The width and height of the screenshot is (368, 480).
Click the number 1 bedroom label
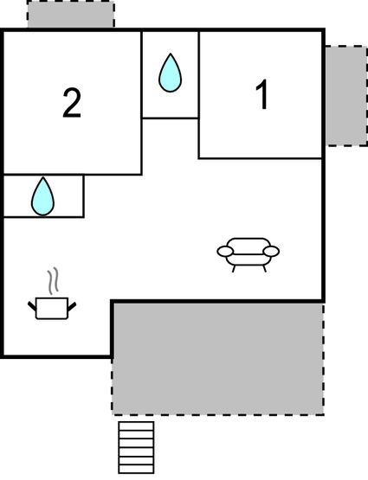[x=263, y=94]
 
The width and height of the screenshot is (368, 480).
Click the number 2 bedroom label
[x=72, y=103]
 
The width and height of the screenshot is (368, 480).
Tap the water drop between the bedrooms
[x=170, y=73]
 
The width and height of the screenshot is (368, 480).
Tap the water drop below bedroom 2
[x=42, y=196]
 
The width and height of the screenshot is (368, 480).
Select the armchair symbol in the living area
[x=249, y=254]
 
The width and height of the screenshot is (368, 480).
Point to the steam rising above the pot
[x=53, y=281]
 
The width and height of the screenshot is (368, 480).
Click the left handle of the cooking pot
[x=32, y=306]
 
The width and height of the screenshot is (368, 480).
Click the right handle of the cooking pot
[x=72, y=306]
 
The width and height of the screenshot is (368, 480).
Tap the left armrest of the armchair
[x=225, y=252]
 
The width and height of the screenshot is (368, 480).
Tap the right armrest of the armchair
[x=271, y=252]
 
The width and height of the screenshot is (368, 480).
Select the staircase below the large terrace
[x=136, y=447]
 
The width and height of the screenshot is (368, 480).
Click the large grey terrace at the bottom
[x=218, y=358]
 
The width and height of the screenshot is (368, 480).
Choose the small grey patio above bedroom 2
[x=71, y=14]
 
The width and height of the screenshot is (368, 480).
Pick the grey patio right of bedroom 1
[x=346, y=96]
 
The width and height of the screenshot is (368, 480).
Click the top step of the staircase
[x=136, y=426]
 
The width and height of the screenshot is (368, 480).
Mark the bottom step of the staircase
[x=136, y=469]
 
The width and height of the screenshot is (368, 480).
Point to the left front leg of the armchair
[x=234, y=268]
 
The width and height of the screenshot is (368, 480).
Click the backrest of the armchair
[x=249, y=242]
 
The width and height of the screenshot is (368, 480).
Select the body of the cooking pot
[x=52, y=308]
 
